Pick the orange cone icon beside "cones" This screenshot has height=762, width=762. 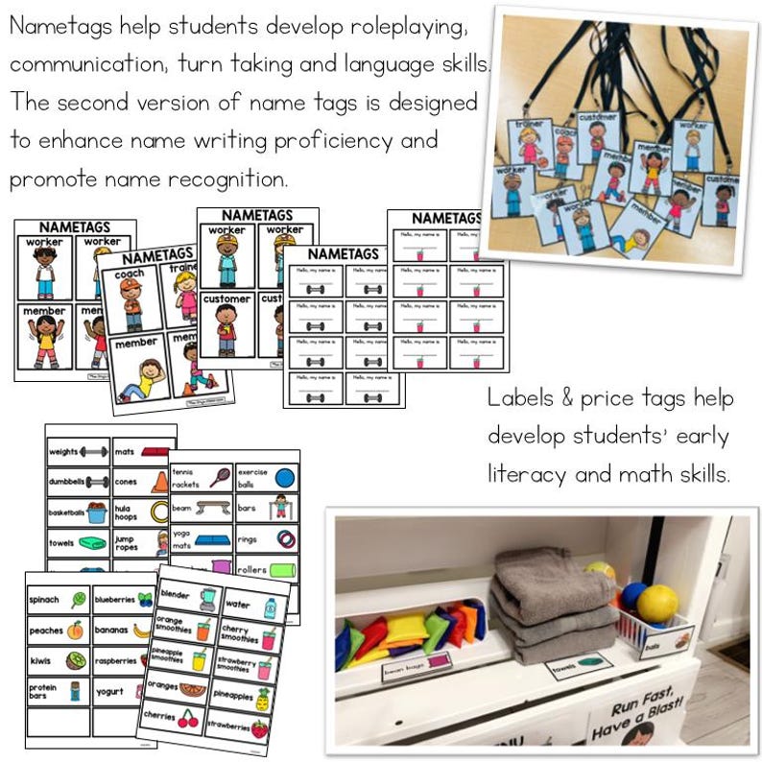click(159, 481)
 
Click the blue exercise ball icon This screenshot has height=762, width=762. click(284, 477)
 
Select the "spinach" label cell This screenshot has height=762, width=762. click(58, 600)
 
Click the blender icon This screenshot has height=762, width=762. click(208, 598)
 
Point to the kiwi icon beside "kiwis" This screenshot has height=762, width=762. click(76, 660)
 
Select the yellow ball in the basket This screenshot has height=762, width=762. click(657, 604)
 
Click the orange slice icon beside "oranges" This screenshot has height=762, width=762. click(192, 689)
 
